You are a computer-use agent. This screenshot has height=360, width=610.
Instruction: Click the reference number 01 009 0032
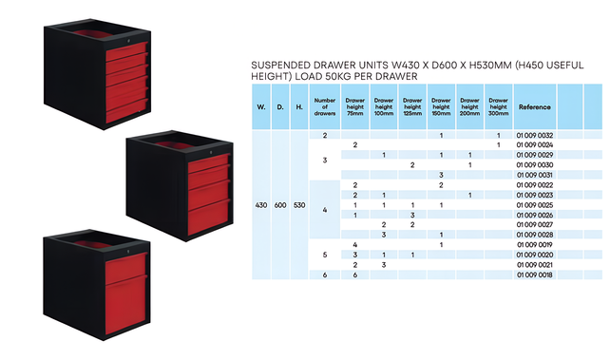pyautogui.click(x=534, y=135)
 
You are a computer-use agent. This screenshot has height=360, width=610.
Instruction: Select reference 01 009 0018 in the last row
pyautogui.click(x=534, y=275)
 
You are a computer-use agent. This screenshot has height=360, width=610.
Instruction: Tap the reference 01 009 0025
pyautogui.click(x=534, y=205)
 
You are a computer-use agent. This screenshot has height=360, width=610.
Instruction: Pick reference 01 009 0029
pyautogui.click(x=534, y=155)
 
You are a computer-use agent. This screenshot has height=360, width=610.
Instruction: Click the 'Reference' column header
pyautogui.click(x=534, y=107)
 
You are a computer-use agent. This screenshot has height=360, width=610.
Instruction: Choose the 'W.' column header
pyautogui.click(x=261, y=107)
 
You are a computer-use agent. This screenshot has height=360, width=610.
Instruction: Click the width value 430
pyautogui.click(x=261, y=205)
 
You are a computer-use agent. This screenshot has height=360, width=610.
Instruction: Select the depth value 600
pyautogui.click(x=280, y=205)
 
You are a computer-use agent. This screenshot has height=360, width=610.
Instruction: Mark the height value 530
pyautogui.click(x=299, y=205)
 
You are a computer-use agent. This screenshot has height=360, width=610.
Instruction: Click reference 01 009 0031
pyautogui.click(x=534, y=175)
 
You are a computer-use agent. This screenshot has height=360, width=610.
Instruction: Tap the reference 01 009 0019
pyautogui.click(x=534, y=245)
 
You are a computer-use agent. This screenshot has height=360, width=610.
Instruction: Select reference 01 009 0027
pyautogui.click(x=534, y=225)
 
